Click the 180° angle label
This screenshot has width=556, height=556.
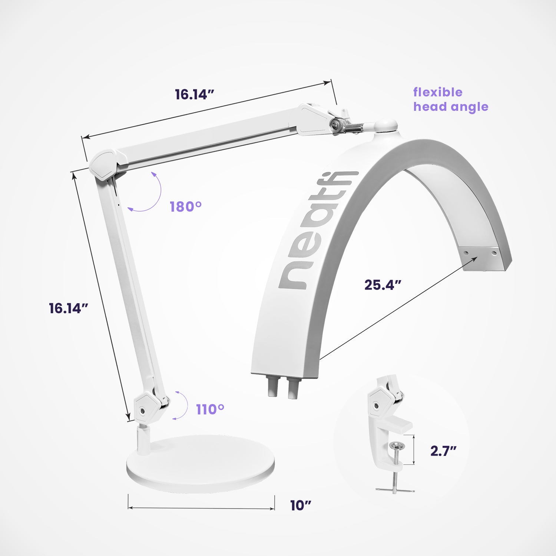[185, 206]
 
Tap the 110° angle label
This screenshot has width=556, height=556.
[210, 410]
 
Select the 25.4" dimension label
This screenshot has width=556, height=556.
[383, 285]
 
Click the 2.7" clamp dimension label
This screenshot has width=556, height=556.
[443, 451]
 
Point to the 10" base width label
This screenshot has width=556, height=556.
[300, 505]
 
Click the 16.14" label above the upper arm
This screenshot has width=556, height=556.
[195, 95]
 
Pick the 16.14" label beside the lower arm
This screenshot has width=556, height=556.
[69, 308]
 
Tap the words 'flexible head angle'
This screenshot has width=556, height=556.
[450, 99]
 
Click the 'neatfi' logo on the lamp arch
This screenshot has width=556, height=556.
[317, 230]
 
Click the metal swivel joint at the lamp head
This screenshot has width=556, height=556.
[347, 126]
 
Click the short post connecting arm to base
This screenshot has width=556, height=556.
[143, 440]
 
